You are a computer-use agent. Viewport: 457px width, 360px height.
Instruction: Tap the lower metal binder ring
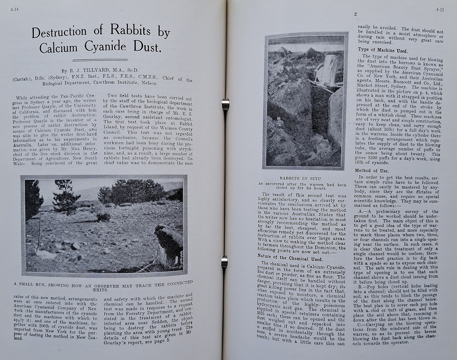pos(224,262)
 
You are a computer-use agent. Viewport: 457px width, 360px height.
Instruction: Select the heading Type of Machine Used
pos(382,51)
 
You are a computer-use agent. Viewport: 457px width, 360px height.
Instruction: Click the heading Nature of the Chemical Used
pos(285,259)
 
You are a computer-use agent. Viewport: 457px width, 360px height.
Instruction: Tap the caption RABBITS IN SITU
pos(300,178)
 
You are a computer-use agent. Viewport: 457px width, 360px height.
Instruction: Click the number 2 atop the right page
pos(355,15)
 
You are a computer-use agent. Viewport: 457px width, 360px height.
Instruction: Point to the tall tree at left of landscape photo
pos(34,198)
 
